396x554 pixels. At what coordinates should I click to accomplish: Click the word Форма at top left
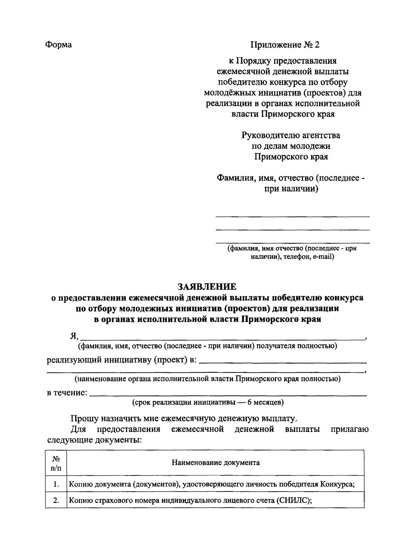click(58, 44)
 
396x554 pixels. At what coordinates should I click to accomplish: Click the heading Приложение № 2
click(285, 44)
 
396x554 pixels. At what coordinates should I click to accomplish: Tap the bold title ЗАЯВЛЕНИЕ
click(207, 286)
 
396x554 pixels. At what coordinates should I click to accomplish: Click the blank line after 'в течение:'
click(228, 394)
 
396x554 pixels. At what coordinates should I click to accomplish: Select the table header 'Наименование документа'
click(215, 462)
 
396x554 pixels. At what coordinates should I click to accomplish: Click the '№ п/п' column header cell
click(56, 463)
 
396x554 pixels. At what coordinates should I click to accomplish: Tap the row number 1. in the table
click(56, 484)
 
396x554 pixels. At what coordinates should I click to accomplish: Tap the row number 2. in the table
click(56, 500)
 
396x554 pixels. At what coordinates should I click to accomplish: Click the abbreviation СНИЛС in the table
click(293, 500)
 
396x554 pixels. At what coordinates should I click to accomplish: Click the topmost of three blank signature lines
click(292, 216)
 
